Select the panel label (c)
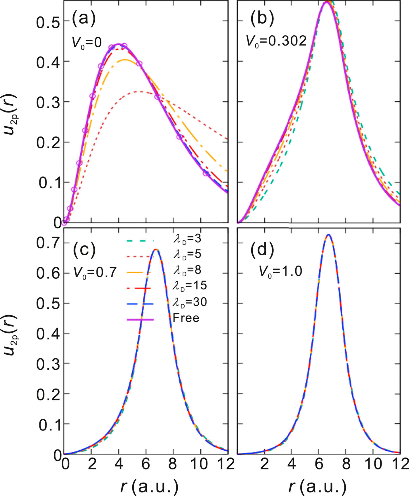(84, 250)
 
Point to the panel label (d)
(262, 250)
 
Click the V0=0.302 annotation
(276, 41)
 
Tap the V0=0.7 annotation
(95, 273)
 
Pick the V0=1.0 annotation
(280, 272)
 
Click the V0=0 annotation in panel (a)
(87, 43)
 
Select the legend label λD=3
(187, 239)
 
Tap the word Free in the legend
(186, 318)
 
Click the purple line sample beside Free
(140, 320)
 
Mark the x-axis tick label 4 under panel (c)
(119, 464)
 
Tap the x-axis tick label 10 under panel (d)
(373, 464)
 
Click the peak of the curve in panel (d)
(329, 235)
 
